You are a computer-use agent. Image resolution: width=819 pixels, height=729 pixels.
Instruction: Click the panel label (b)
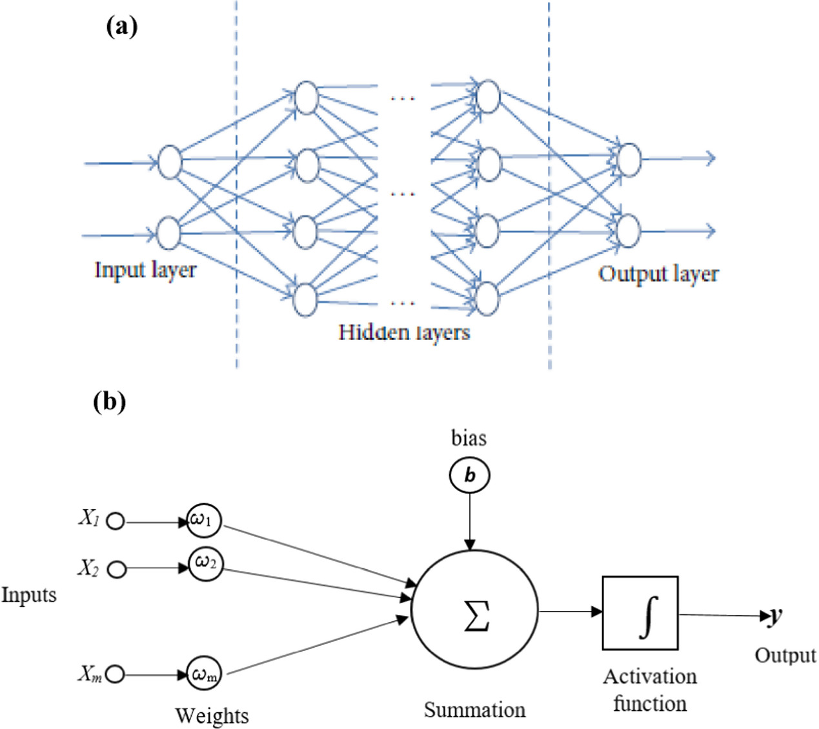click(109, 401)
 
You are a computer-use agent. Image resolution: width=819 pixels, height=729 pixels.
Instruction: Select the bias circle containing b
click(469, 475)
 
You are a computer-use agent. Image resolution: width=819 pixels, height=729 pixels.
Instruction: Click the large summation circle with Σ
click(474, 612)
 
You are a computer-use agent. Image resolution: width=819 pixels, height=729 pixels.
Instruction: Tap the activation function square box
click(640, 612)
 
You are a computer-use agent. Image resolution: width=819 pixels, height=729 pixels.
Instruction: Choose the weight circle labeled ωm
click(205, 675)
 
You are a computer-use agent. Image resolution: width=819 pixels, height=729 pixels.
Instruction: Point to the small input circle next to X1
click(116, 521)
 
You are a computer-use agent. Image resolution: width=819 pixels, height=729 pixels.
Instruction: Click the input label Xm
click(90, 674)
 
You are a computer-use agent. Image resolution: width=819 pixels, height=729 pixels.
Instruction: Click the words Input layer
click(145, 270)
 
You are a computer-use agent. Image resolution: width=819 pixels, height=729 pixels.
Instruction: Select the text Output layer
click(658, 274)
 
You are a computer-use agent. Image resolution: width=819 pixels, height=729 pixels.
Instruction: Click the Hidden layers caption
click(404, 332)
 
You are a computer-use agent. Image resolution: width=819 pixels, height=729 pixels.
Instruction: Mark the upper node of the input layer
click(169, 162)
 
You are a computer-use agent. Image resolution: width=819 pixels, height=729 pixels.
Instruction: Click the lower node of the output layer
click(628, 231)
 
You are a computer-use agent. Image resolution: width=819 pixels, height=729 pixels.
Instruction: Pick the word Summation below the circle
click(474, 710)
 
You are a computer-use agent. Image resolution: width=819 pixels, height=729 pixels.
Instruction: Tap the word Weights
click(212, 715)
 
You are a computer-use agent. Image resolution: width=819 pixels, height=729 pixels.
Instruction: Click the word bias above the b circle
click(469, 439)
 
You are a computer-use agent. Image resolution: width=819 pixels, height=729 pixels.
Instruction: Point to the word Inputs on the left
click(29, 594)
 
